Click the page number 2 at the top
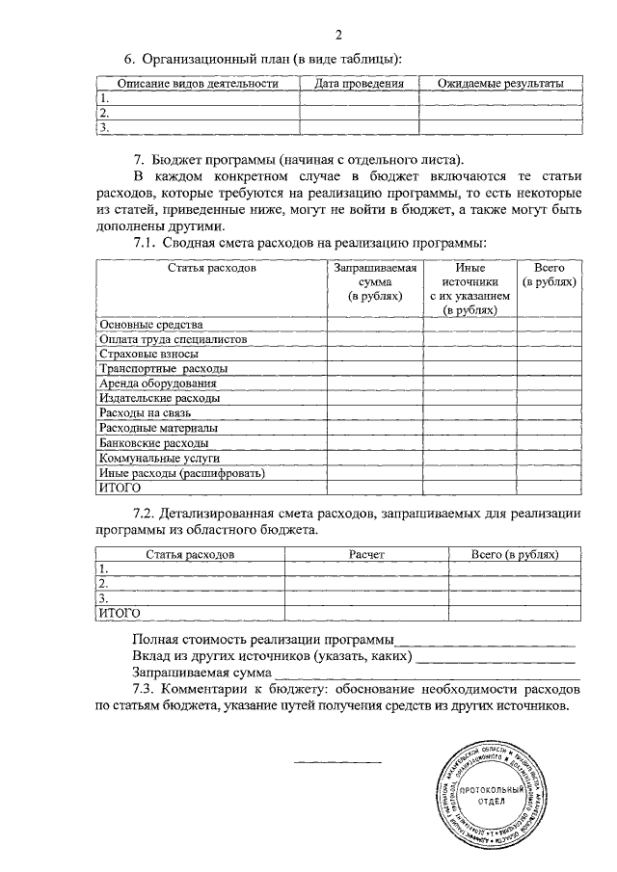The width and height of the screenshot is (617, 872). [x=338, y=36]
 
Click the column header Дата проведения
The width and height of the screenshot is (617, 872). [x=359, y=84]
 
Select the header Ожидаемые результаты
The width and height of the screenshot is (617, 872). [x=499, y=84]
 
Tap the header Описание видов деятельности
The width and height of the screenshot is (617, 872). [x=198, y=84]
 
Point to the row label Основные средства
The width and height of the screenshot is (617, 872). [x=151, y=326]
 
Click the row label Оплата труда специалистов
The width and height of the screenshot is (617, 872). [x=174, y=340]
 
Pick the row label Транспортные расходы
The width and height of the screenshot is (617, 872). [x=164, y=369]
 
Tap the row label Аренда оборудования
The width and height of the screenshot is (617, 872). [x=158, y=383]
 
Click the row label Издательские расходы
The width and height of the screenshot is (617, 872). [x=160, y=398]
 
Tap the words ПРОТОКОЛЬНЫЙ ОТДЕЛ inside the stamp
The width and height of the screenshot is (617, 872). [x=491, y=795]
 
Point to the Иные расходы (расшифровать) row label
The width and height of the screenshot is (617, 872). [x=182, y=473]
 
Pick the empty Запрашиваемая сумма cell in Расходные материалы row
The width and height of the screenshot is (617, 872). [x=374, y=428]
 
